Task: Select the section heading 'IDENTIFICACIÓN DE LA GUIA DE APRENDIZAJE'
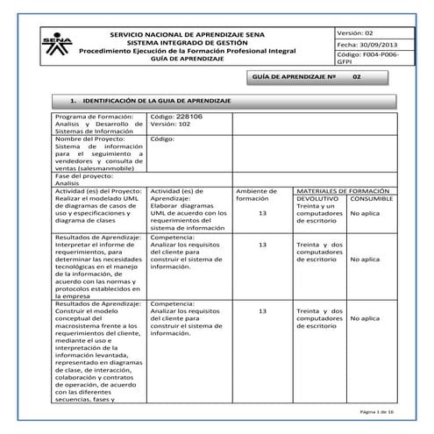click(150, 102)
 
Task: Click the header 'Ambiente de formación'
click(256, 194)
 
